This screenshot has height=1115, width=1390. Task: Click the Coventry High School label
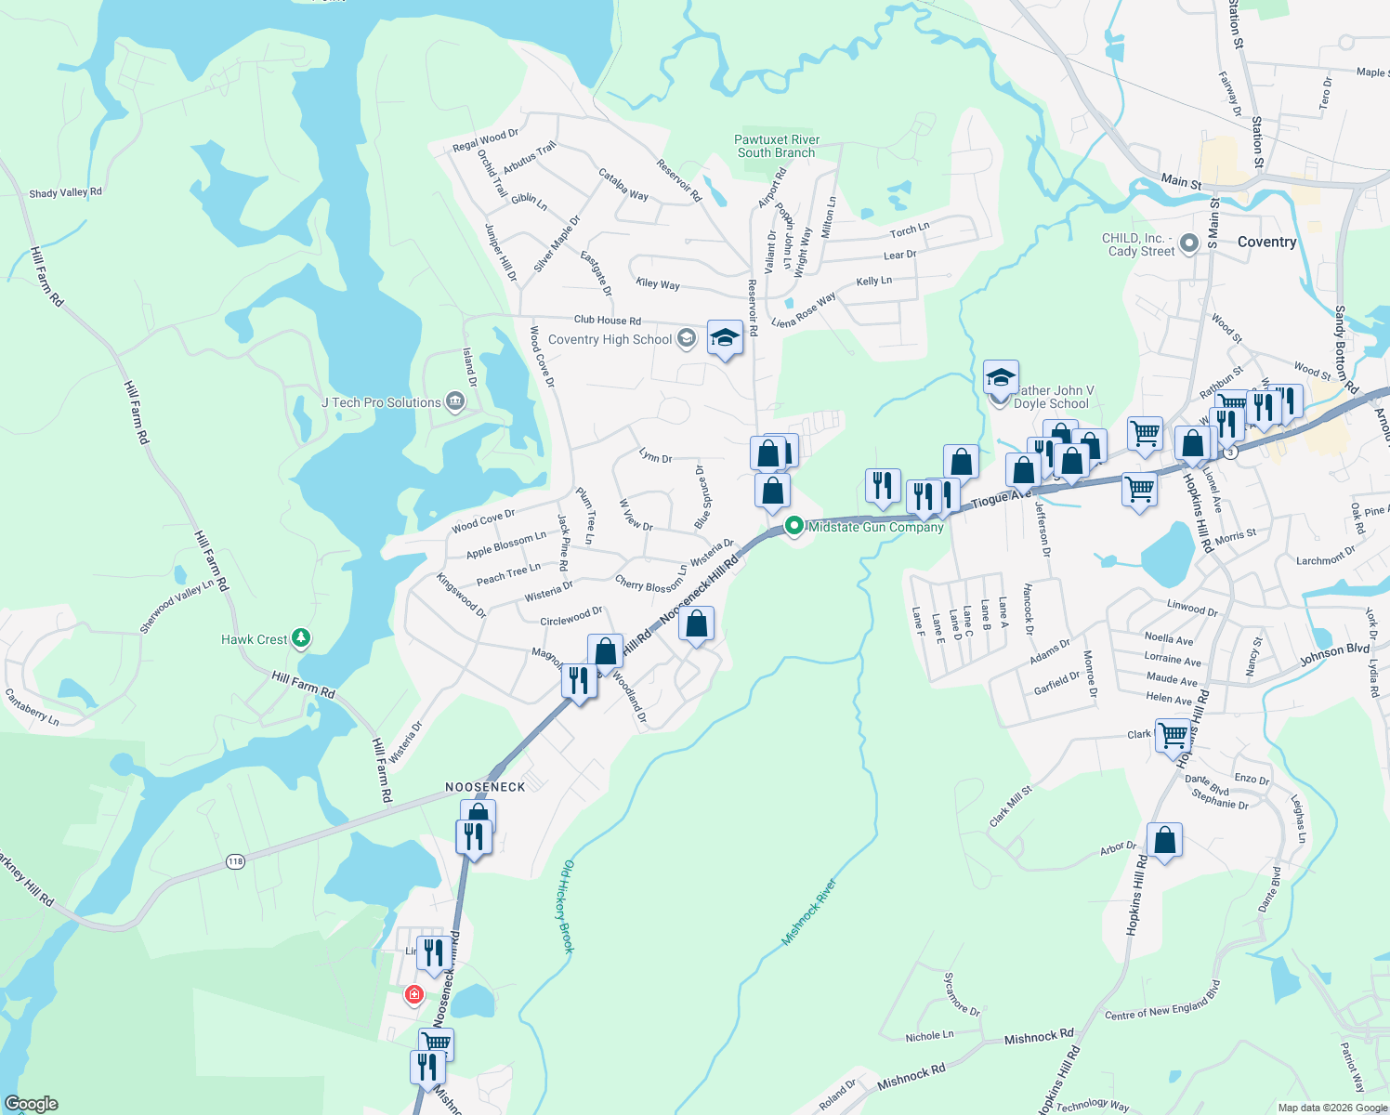[x=610, y=339]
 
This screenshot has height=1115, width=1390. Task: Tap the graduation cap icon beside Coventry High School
[x=725, y=338]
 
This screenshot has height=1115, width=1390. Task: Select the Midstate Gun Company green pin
[x=793, y=526]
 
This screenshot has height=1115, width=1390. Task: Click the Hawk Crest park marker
[x=300, y=638]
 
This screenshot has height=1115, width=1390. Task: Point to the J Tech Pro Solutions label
[x=381, y=402]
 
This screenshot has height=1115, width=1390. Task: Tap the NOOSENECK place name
[x=485, y=787]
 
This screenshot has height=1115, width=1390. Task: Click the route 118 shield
[x=235, y=862]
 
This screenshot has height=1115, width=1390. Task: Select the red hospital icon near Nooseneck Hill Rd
[x=414, y=995]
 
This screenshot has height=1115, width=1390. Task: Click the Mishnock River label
[x=808, y=912]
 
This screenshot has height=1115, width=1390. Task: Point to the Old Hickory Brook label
[x=568, y=906]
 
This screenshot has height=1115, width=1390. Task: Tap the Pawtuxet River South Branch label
[x=776, y=146]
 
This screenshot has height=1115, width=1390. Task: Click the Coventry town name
[x=1266, y=242]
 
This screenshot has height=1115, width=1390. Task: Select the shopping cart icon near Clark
[x=1174, y=735]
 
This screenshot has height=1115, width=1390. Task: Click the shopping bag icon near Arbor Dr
[x=1164, y=841]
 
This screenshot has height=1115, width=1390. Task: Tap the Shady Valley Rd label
[x=65, y=192]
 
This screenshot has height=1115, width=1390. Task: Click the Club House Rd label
[x=607, y=321]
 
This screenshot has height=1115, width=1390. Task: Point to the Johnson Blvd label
[x=1334, y=655]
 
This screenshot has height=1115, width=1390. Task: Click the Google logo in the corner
[x=32, y=1104]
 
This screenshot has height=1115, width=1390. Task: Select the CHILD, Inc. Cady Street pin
[x=1189, y=245]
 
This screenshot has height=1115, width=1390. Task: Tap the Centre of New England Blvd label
[x=1162, y=1001]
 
